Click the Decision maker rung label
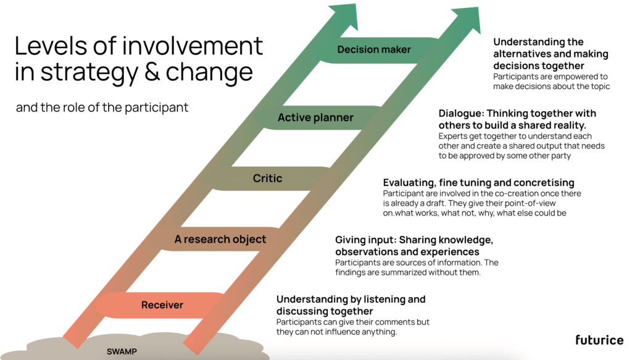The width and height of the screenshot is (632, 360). [374, 49]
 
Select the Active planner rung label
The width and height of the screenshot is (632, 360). [315, 117]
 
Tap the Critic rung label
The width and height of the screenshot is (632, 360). [267, 178]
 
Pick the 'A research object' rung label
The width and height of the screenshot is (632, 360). [220, 240]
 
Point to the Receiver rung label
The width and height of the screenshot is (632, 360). [162, 305]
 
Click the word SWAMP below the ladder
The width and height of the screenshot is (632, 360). [122, 351]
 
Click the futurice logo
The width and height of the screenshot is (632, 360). [599, 340]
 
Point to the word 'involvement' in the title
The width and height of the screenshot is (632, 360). [193, 46]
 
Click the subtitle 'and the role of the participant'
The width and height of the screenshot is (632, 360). [102, 107]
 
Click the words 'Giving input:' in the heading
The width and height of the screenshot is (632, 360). [365, 240]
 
